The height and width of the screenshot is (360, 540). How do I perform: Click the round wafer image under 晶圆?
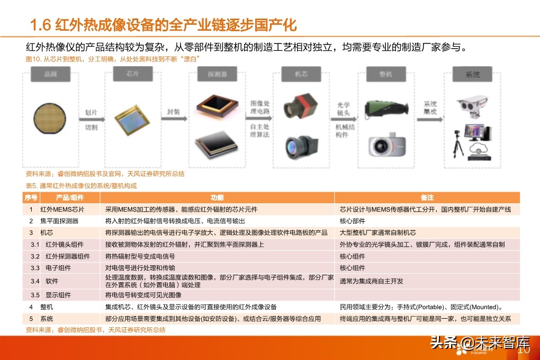click(50, 118)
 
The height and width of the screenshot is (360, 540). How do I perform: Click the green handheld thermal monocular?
click(386, 109)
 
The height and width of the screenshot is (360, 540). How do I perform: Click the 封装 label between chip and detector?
click(173, 112)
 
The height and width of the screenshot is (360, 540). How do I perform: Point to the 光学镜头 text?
click(343, 109)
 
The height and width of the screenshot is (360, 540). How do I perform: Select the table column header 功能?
click(217, 197)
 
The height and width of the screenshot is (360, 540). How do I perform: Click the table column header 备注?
click(427, 197)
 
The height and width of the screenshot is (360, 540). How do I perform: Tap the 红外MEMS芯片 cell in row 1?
click(62, 210)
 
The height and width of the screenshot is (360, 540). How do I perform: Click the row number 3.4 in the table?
click(35, 281)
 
